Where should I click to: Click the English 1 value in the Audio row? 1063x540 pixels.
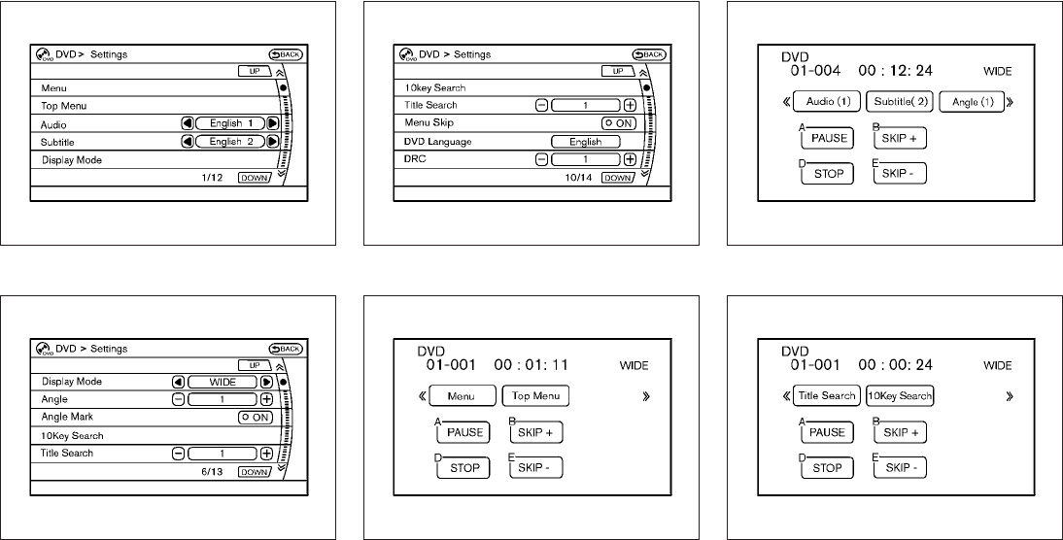[x=230, y=124]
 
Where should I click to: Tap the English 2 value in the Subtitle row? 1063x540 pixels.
[x=230, y=142]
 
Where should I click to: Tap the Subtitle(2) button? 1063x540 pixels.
[x=899, y=102]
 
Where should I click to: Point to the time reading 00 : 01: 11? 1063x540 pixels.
[x=529, y=365]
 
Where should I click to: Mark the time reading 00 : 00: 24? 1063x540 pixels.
[x=892, y=365]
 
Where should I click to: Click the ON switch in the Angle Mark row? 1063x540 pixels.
[x=255, y=417]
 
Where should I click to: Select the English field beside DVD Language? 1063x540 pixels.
[x=585, y=142]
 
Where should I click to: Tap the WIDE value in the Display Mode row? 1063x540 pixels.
[x=223, y=382]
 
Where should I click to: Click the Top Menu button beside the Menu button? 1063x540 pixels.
[x=535, y=396]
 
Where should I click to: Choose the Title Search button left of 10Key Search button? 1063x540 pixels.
[x=826, y=396]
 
